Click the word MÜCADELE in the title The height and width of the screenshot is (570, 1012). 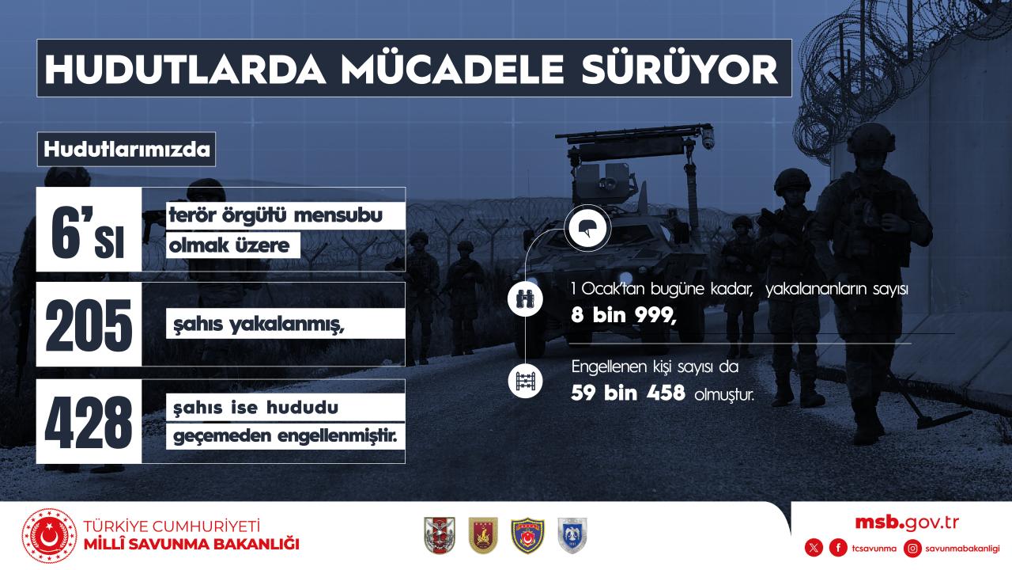(x=452, y=69)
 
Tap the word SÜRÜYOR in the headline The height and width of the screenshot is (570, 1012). (x=680, y=70)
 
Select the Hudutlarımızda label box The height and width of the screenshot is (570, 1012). (x=126, y=150)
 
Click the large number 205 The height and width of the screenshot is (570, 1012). (x=89, y=325)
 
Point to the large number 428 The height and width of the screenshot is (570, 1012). (x=89, y=422)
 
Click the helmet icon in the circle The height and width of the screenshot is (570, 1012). (x=587, y=228)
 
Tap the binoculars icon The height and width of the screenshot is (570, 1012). (x=525, y=299)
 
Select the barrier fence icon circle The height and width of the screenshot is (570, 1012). (x=525, y=381)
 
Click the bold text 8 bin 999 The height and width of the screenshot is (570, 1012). (x=624, y=315)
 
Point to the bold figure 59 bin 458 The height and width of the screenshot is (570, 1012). (x=628, y=393)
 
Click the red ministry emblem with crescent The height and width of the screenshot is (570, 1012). (x=49, y=536)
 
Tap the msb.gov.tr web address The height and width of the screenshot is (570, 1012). (x=907, y=523)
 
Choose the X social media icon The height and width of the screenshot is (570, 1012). (x=814, y=549)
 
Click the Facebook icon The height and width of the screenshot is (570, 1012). (x=838, y=549)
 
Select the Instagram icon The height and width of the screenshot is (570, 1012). (x=912, y=549)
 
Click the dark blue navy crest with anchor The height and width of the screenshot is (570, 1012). (x=527, y=536)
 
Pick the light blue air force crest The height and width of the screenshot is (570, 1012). (x=572, y=536)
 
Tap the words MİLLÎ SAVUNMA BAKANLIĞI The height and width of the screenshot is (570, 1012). (x=191, y=544)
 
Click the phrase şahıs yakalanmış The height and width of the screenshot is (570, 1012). (x=259, y=325)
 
